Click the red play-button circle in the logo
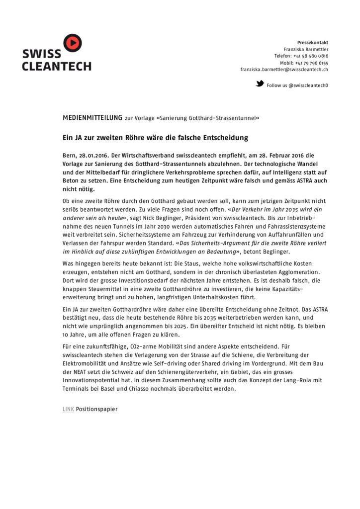click(73, 43)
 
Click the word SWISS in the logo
click(41, 54)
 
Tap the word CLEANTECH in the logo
click(56, 66)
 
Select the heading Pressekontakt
click(313, 43)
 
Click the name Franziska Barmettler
click(306, 50)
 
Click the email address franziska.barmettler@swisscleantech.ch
click(284, 70)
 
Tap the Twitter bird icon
click(260, 84)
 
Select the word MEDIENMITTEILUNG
click(92, 118)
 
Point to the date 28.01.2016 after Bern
click(93, 155)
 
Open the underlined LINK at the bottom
click(68, 409)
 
